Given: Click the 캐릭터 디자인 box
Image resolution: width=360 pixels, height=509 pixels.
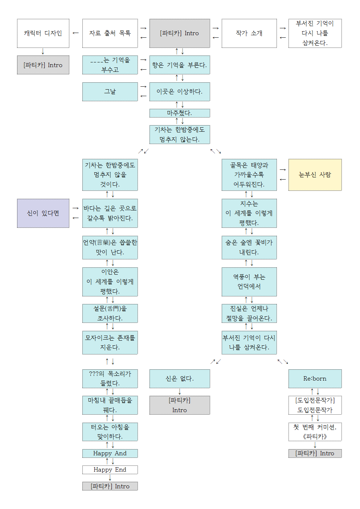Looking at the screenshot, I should pos(43,33).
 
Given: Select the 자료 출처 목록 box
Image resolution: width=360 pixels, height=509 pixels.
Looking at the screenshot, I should pos(110,33).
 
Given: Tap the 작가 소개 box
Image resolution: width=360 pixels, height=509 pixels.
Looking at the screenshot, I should pos(249,33).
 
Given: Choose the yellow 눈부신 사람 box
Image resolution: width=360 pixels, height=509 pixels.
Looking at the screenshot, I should pos(315,175).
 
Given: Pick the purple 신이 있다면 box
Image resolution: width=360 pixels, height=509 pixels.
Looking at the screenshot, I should pos(43,213).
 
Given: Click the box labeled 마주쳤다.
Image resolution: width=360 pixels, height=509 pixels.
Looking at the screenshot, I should pos(179,113).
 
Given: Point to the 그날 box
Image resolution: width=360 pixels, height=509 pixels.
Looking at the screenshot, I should pos(110,92).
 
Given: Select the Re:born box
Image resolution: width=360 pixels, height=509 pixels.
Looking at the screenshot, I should pos(315,379).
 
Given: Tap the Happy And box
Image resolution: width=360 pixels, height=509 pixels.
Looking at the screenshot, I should pos(110,453).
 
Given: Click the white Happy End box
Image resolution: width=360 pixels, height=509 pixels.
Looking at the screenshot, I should pos(110,470).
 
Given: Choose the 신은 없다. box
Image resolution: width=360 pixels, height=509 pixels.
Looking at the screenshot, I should pos(179,379).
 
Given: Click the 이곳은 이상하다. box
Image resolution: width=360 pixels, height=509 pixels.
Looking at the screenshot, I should pos(179,92).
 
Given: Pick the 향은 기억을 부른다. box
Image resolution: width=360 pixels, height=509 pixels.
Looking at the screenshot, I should pos(179,65).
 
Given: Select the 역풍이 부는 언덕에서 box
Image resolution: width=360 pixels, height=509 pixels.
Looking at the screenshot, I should pos(249,282).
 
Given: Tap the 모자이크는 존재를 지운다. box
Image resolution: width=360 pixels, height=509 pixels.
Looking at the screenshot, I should pos(110,342).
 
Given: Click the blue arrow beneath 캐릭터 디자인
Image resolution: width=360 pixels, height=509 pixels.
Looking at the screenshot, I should pos(43,52).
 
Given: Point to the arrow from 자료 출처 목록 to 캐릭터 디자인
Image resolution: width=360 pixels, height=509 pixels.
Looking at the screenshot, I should pos(75,33).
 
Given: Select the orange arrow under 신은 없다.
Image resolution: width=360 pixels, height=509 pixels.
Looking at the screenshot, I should pos(179,392).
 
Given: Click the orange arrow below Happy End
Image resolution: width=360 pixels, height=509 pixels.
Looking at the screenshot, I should pos(110,478).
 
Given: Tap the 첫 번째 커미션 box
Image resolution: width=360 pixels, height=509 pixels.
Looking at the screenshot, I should pos(315,432).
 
